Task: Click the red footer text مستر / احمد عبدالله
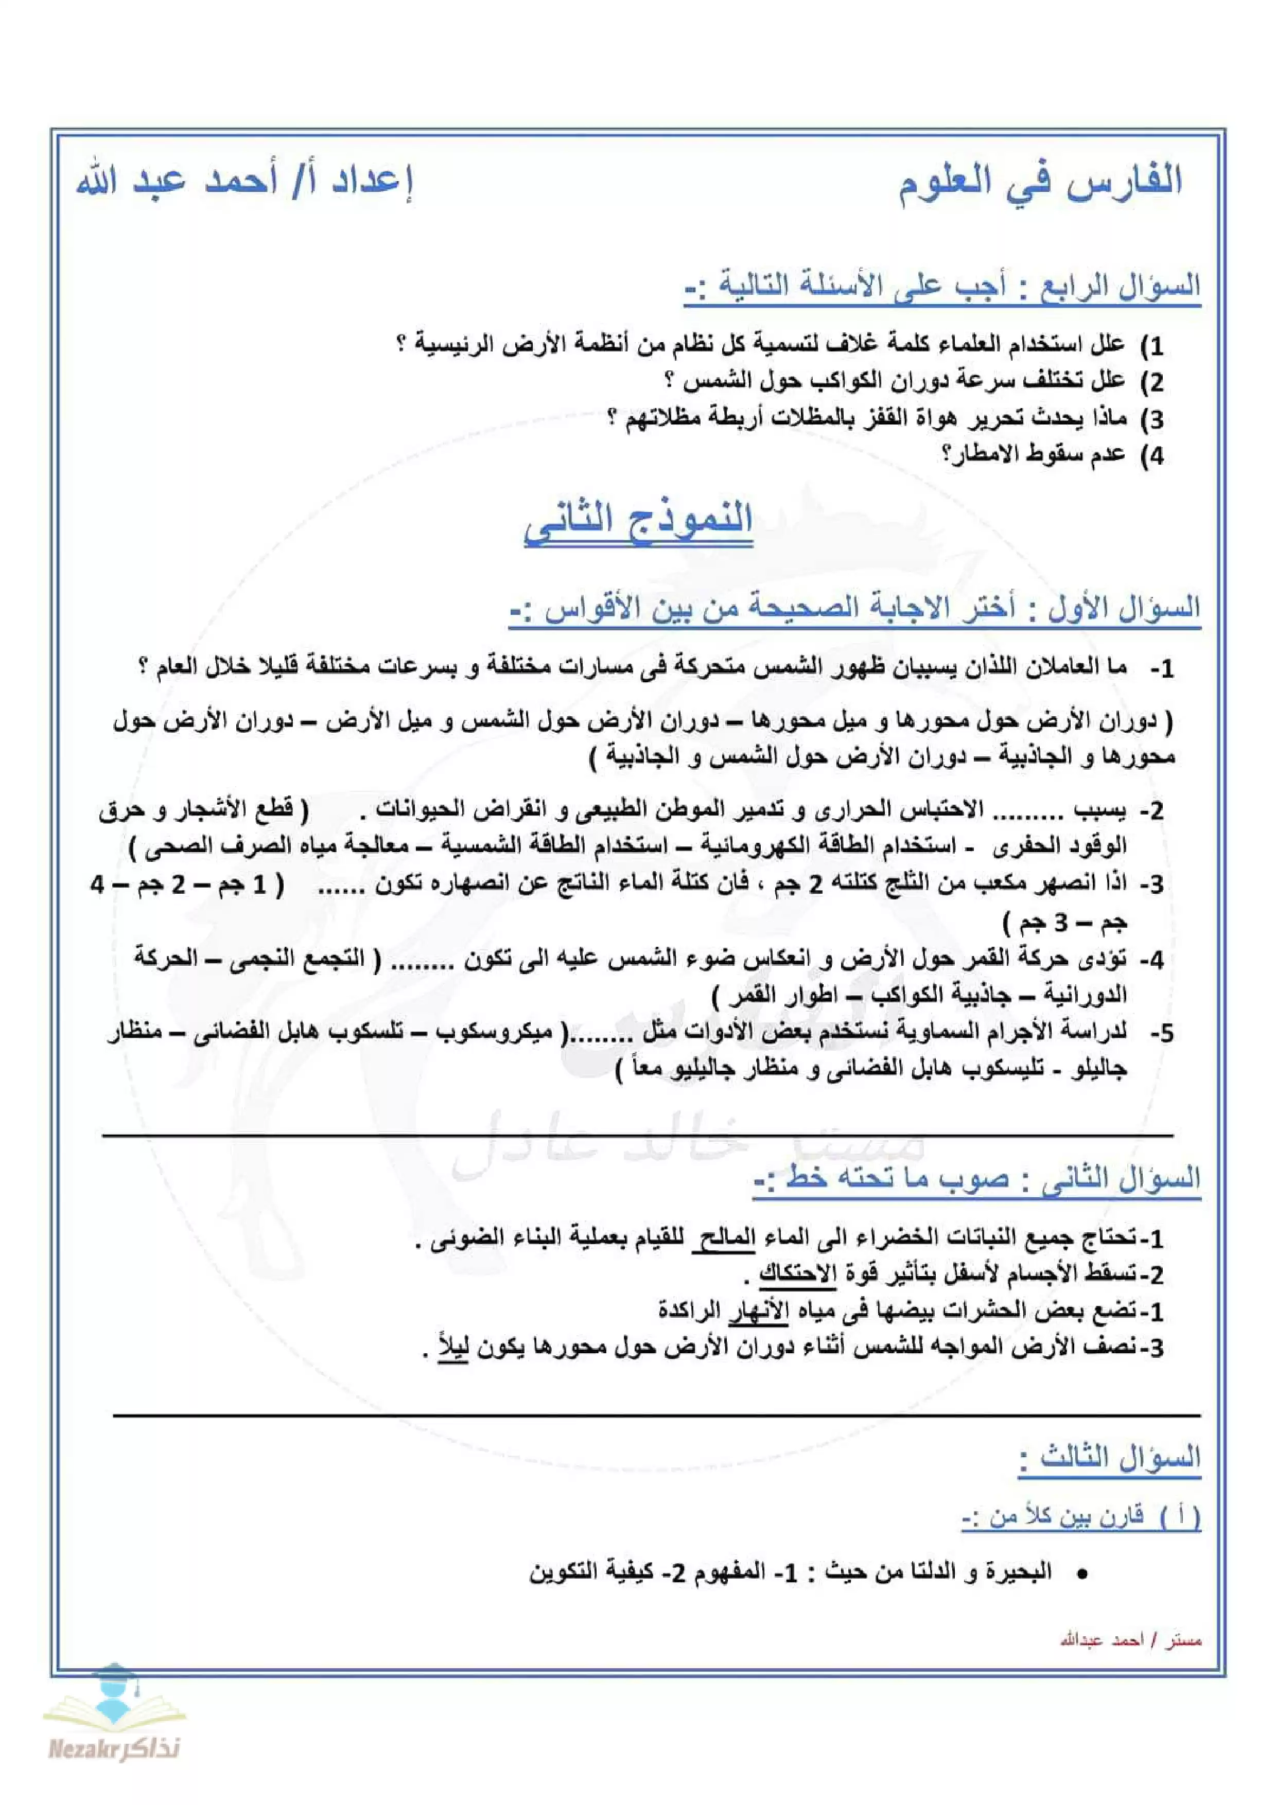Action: [x=1130, y=1641]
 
